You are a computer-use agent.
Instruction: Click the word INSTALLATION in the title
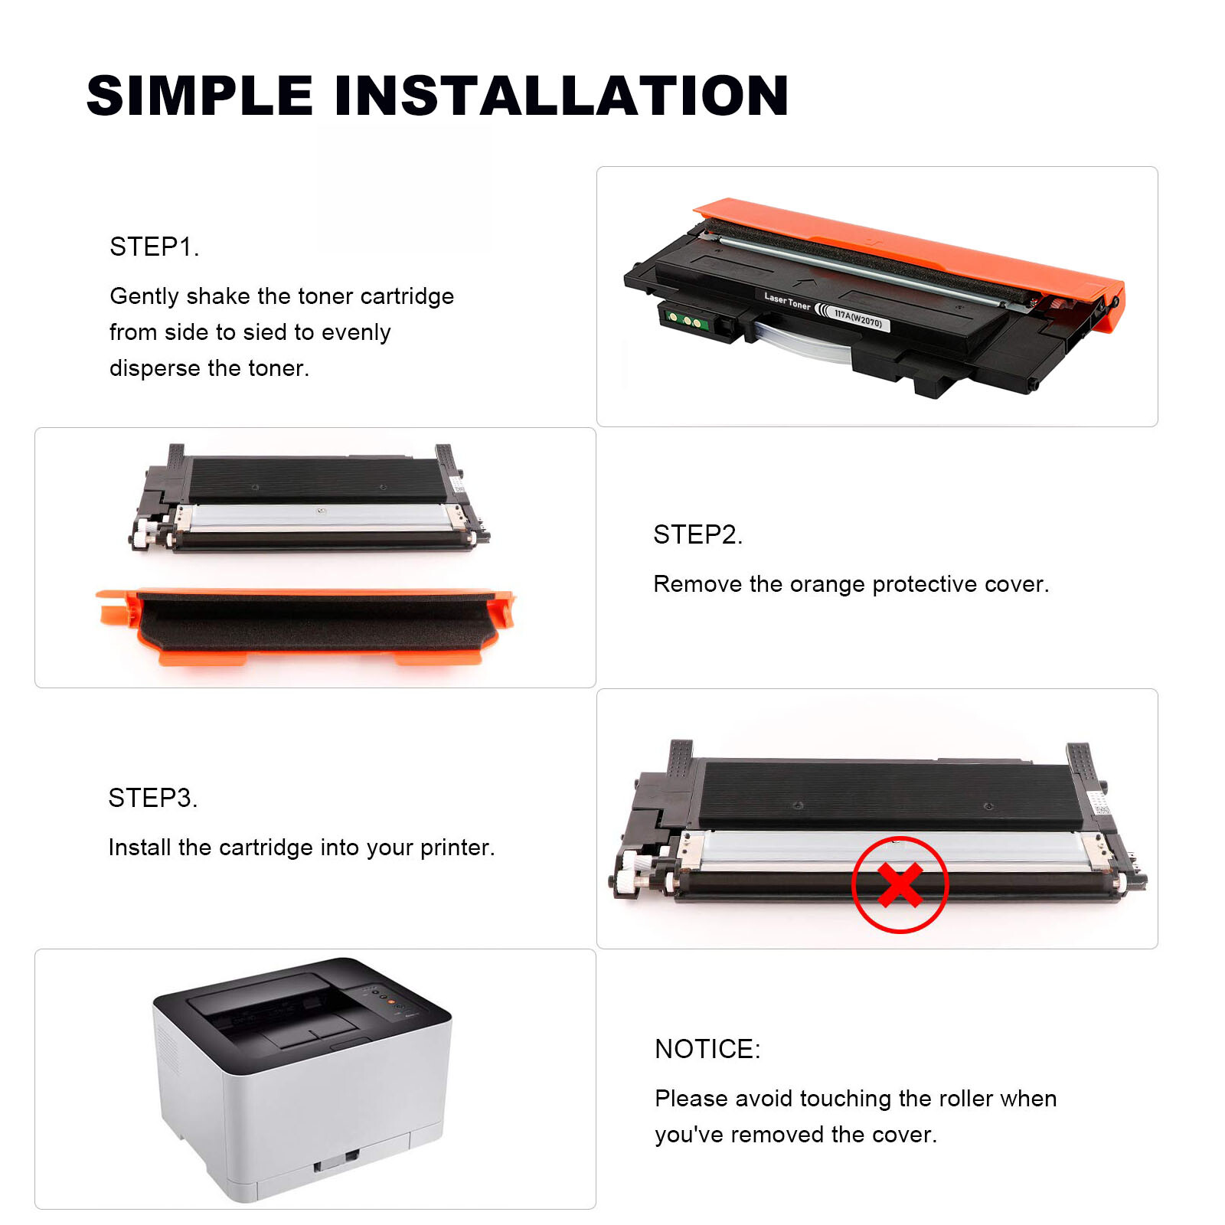561,96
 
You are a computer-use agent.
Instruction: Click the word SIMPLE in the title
200,96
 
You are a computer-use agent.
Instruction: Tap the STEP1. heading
155,247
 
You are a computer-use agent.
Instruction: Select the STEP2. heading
697,534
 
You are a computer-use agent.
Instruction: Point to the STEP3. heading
153,798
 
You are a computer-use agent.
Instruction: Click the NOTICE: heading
707,1049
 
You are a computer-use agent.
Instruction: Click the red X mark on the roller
900,885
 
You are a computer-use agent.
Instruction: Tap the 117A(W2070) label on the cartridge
857,318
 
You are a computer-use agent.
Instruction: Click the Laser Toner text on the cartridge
786,300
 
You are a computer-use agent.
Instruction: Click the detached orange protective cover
306,624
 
